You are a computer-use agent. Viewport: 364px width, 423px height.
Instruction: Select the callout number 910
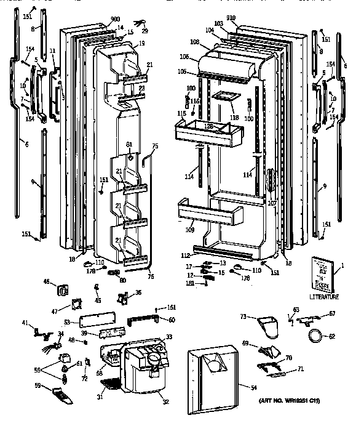pos(231,19)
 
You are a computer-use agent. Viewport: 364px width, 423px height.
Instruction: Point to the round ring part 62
pos(315,336)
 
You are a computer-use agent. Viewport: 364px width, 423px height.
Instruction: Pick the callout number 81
pos(129,145)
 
